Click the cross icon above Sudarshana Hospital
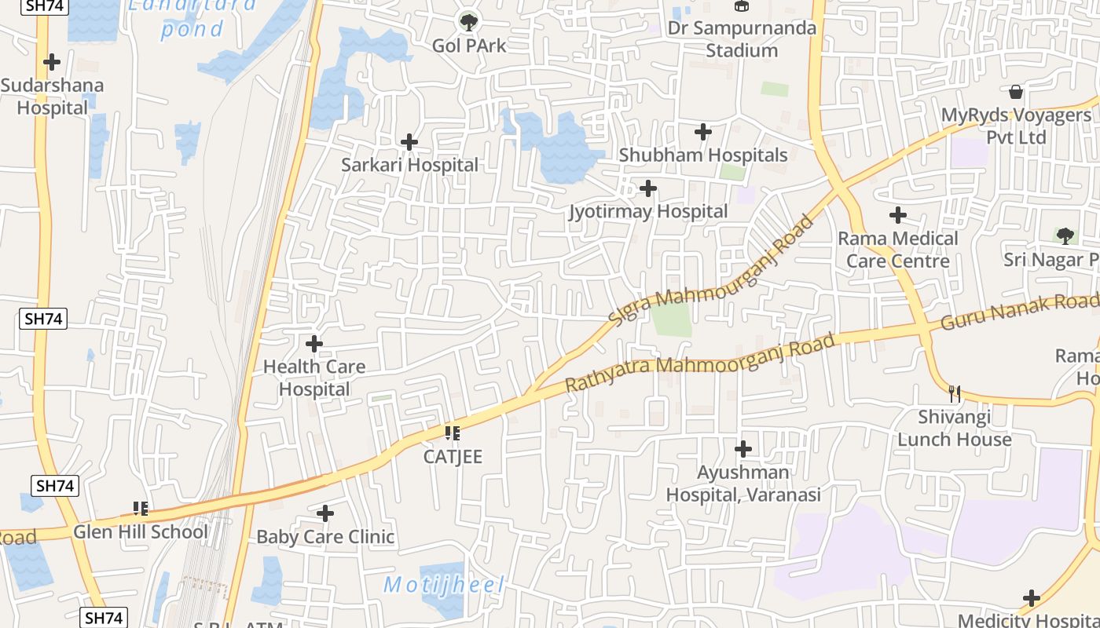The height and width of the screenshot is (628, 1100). click(x=52, y=61)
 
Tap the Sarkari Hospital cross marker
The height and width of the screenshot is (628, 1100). click(x=409, y=142)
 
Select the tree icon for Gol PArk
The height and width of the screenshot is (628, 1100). click(x=469, y=22)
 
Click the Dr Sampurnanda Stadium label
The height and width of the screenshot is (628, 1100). click(x=742, y=39)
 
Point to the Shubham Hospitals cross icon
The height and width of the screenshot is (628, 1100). click(x=703, y=132)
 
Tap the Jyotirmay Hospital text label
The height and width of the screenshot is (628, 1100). click(x=648, y=211)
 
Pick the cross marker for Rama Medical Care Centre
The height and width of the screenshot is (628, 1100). click(x=898, y=215)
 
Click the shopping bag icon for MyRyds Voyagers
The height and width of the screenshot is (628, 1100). click(x=1016, y=92)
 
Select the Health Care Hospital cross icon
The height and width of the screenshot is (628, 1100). click(x=314, y=344)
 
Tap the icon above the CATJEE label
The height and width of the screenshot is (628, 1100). click(x=452, y=433)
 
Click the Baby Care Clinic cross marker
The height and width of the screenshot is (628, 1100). click(x=325, y=514)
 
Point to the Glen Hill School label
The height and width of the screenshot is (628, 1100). click(x=141, y=531)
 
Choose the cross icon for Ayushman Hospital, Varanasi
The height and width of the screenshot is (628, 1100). click(x=743, y=450)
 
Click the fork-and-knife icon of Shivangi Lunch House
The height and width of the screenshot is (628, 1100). click(x=955, y=393)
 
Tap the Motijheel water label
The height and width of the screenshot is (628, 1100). click(x=444, y=585)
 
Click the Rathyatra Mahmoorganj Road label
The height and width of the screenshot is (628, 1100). click(x=699, y=363)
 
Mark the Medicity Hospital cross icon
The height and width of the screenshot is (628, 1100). click(x=1032, y=599)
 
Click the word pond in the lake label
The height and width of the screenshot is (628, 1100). click(x=192, y=30)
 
